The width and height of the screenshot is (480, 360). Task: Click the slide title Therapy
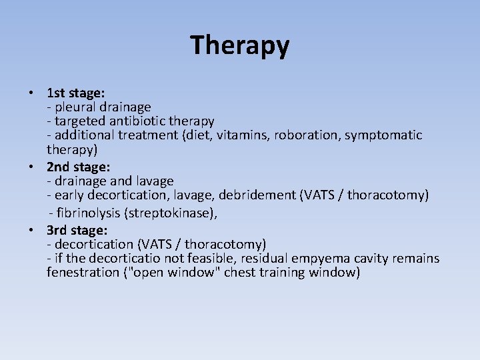coord(240,45)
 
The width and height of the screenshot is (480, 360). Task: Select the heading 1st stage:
coord(75,92)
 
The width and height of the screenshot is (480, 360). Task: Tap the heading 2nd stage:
coord(77,166)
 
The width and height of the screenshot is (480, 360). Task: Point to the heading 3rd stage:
coord(77,230)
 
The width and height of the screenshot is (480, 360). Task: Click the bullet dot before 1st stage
coord(31,93)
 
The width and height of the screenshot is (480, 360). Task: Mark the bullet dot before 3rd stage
coord(31,231)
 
